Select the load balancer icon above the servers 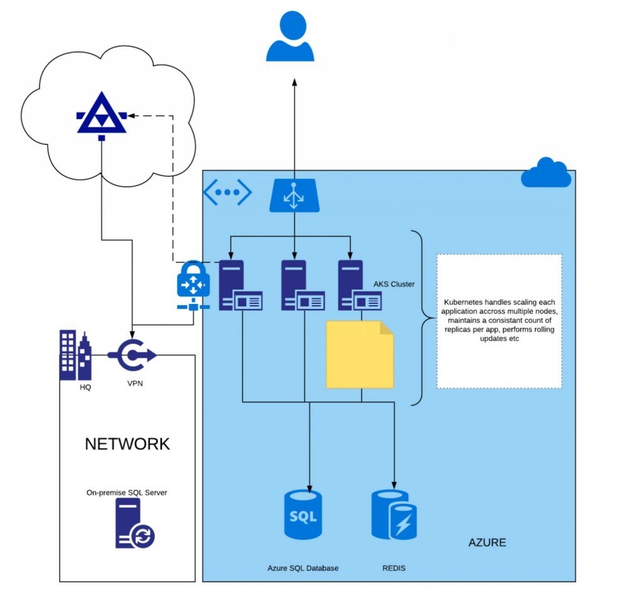294,194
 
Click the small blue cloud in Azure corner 546,174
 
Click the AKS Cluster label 394,284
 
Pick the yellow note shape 359,354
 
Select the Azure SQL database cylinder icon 303,514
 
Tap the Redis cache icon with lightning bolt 394,515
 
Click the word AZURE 487,542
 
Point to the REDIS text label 394,568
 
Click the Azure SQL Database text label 303,568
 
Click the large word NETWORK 127,444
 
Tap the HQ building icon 75,355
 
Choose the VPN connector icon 132,355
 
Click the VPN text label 134,384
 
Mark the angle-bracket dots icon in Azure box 227,192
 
